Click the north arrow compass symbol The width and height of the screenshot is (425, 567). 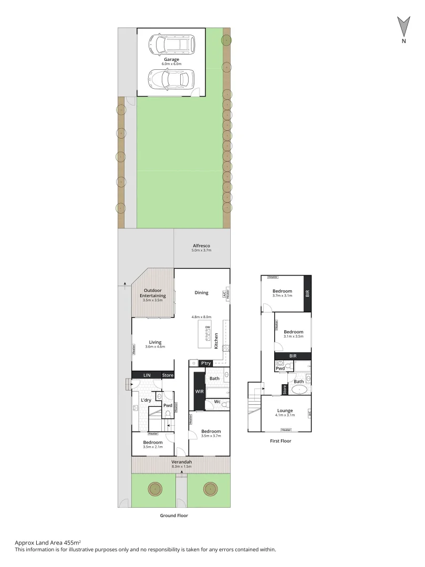pos(403,26)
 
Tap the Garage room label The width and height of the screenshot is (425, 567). pos(171,59)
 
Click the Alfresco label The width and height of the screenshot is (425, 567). pos(201,246)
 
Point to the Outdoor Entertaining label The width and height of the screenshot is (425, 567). pos(153,293)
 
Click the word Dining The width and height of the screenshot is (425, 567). pos(201,293)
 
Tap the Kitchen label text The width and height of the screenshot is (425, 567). pos(216,340)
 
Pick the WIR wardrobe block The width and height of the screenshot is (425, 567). pos(199,392)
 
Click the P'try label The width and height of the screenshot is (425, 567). pos(205,363)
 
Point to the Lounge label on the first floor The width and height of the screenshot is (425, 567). pos(286,411)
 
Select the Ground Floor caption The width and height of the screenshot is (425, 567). pos(174,516)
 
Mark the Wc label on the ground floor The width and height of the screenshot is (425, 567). pos(217,402)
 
